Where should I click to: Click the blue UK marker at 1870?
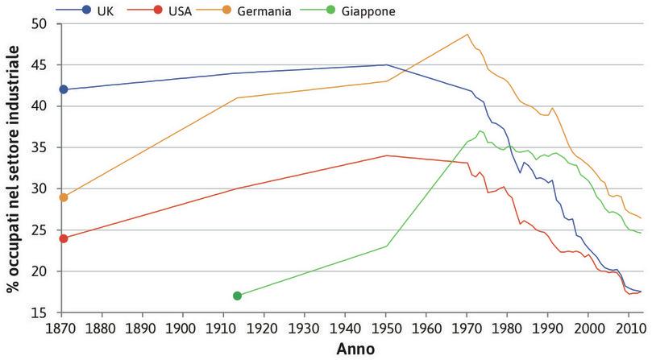click(64, 89)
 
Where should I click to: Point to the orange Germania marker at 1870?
click(64, 197)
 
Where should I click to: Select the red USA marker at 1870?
click(64, 238)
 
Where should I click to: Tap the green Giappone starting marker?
click(237, 296)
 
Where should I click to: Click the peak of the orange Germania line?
click(467, 35)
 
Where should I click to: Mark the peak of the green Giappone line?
click(480, 130)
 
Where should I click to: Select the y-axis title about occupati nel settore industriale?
click(13, 168)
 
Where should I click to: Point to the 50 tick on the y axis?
click(42, 24)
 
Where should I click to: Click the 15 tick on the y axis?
click(42, 312)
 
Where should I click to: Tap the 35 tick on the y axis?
click(42, 147)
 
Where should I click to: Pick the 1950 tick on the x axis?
click(387, 328)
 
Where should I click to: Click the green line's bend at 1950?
click(387, 246)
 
